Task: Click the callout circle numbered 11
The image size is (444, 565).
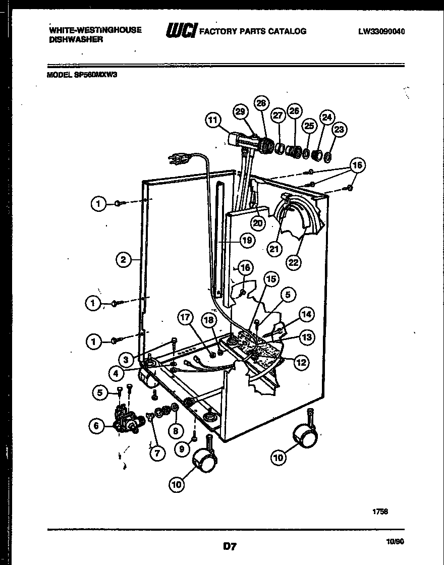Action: (213, 121)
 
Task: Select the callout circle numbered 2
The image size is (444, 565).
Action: (123, 260)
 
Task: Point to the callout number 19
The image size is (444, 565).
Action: (246, 241)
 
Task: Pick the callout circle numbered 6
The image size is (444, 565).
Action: (97, 426)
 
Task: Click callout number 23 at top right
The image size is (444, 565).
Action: (339, 130)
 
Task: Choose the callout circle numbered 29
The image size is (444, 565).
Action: (241, 111)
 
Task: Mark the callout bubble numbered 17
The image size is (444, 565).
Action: (186, 317)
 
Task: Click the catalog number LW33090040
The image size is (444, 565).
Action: (381, 31)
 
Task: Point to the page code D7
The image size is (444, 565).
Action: (230, 546)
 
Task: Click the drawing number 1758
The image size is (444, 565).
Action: (380, 511)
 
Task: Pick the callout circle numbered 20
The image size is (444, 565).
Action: (258, 222)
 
